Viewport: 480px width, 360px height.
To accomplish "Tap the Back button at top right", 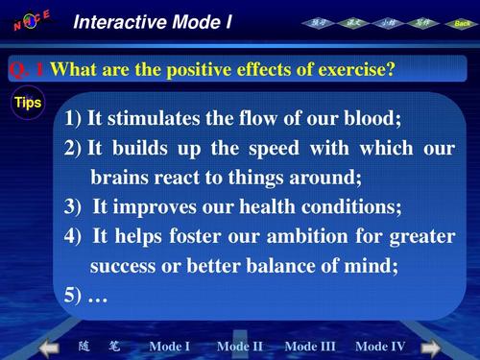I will [x=463, y=22].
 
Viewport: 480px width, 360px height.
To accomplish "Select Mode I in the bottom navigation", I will [x=170, y=346].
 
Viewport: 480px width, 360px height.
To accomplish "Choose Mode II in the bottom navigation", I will [x=240, y=346].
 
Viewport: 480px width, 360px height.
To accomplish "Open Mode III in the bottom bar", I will [x=310, y=346].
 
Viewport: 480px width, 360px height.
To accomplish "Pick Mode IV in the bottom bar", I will [x=380, y=346].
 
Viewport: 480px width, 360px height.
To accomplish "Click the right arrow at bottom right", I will [x=431, y=347].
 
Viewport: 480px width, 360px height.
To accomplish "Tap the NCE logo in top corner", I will [x=32, y=19].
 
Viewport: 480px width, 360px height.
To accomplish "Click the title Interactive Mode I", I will [x=153, y=21].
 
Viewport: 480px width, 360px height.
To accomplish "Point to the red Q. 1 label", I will [x=27, y=69].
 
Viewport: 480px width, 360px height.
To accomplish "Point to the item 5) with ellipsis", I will [x=86, y=295].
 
